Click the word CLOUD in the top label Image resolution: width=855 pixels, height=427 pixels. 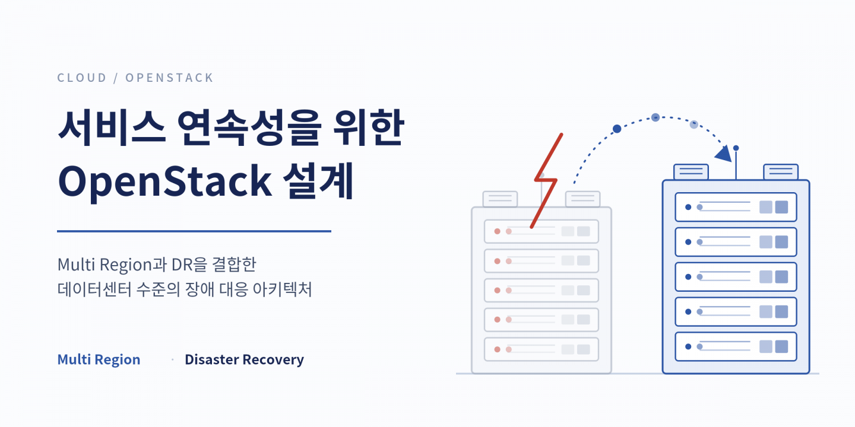coord(82,78)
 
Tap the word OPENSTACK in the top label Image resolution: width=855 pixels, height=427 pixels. coord(169,78)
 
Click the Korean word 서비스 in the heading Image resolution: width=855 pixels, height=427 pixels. coord(112,128)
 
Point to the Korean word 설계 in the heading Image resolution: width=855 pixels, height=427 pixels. coord(319,181)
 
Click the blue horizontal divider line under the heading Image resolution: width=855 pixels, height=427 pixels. coord(194,231)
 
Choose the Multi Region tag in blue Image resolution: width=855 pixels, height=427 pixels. coord(99,359)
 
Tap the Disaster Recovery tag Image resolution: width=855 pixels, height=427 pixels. coord(244,359)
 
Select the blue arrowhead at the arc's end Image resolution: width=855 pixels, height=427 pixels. coord(724,154)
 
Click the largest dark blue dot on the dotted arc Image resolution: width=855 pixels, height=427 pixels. coord(617,129)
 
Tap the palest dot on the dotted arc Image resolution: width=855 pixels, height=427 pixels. coord(694,125)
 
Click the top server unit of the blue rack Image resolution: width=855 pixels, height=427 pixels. coord(736,207)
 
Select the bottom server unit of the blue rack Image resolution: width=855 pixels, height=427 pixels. coord(736,346)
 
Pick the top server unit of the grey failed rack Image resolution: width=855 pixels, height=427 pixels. coord(541,231)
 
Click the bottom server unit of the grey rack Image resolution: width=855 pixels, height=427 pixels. coord(541,349)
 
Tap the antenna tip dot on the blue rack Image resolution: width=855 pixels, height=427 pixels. coord(736,148)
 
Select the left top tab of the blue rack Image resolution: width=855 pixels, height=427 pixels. coord(691,172)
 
